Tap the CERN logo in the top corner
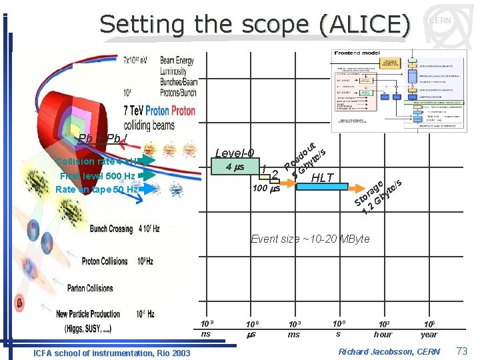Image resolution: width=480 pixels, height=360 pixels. point(440,21)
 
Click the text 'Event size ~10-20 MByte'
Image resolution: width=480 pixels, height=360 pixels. point(310,239)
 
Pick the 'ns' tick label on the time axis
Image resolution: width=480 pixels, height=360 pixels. point(206,333)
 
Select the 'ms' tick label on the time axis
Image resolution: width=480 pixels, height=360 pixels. point(294,334)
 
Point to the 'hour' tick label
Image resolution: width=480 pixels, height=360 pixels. point(383,334)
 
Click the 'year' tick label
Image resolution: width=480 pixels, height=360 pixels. point(429,334)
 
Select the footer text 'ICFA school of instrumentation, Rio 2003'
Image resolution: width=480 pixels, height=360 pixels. point(111,353)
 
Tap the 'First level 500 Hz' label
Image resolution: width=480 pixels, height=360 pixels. point(97,176)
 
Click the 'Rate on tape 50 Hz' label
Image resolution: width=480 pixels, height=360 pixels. point(97,189)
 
